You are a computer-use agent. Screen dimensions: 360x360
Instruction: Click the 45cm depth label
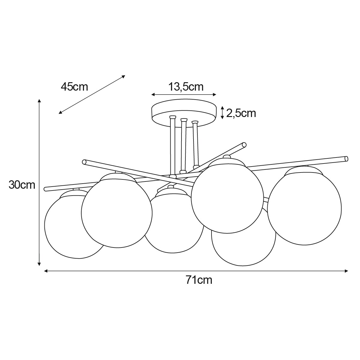(x=74, y=87)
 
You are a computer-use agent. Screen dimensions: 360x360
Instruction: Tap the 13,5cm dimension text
(x=186, y=87)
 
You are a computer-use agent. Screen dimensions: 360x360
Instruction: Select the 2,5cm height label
(x=241, y=113)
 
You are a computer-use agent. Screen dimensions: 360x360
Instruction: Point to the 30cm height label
(x=22, y=185)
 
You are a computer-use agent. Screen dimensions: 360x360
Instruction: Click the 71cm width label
(x=199, y=280)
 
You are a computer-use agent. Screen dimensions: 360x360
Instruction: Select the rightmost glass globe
(x=304, y=209)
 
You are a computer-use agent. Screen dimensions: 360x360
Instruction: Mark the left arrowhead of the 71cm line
(x=46, y=271)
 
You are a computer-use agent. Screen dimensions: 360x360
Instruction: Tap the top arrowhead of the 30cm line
(x=39, y=100)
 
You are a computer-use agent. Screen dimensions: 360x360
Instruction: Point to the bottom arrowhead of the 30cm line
(x=39, y=264)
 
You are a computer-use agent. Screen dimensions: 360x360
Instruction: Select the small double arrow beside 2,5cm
(x=222, y=112)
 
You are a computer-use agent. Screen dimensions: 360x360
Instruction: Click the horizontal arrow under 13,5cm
(x=184, y=95)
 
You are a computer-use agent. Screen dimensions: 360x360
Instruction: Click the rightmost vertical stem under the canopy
(x=196, y=144)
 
